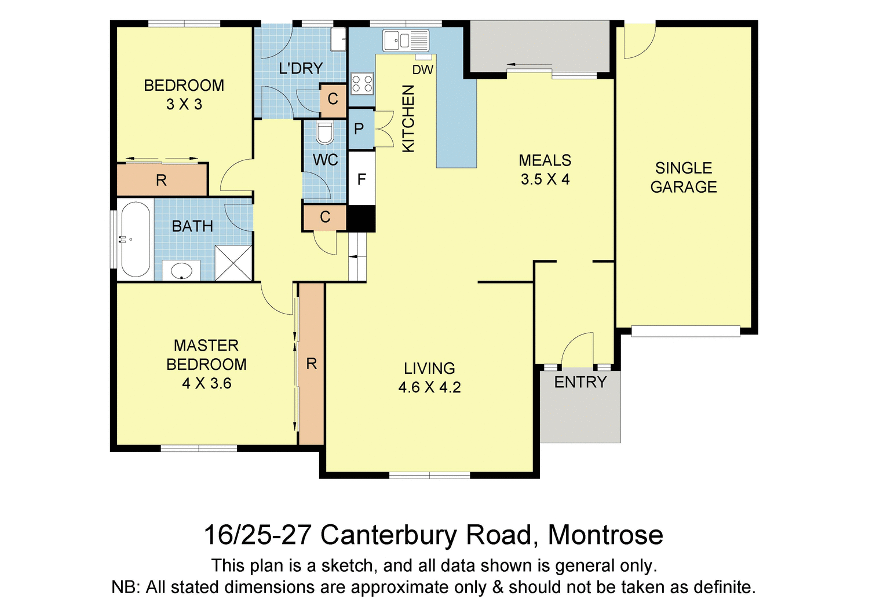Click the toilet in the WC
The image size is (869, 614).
pyautogui.click(x=324, y=134)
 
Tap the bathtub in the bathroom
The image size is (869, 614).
pyautogui.click(x=135, y=240)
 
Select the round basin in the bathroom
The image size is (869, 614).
pyautogui.click(x=181, y=270)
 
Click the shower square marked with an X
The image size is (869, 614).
pyautogui.click(x=233, y=263)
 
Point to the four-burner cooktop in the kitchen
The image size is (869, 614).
pyautogui.click(x=362, y=83)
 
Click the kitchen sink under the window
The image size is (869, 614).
pyautogui.click(x=406, y=41)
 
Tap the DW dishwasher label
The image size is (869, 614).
pyautogui.click(x=423, y=70)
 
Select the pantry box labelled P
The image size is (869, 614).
pyautogui.click(x=359, y=128)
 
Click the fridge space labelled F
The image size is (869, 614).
pyautogui.click(x=362, y=179)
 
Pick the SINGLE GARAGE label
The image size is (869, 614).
pyautogui.click(x=684, y=177)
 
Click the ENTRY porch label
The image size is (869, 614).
pyautogui.click(x=580, y=382)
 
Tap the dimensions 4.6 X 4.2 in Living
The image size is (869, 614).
pyautogui.click(x=429, y=387)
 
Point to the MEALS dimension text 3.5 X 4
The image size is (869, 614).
pyautogui.click(x=545, y=179)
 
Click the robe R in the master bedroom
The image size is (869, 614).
pyautogui.click(x=311, y=363)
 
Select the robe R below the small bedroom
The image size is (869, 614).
pyautogui.click(x=162, y=181)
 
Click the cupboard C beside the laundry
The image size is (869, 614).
pyautogui.click(x=333, y=99)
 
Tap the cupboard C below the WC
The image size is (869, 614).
pyautogui.click(x=325, y=217)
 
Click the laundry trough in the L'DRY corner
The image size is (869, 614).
pyautogui.click(x=338, y=39)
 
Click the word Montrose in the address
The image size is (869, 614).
pyautogui.click(x=605, y=535)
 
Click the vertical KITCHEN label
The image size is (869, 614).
pyautogui.click(x=408, y=119)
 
